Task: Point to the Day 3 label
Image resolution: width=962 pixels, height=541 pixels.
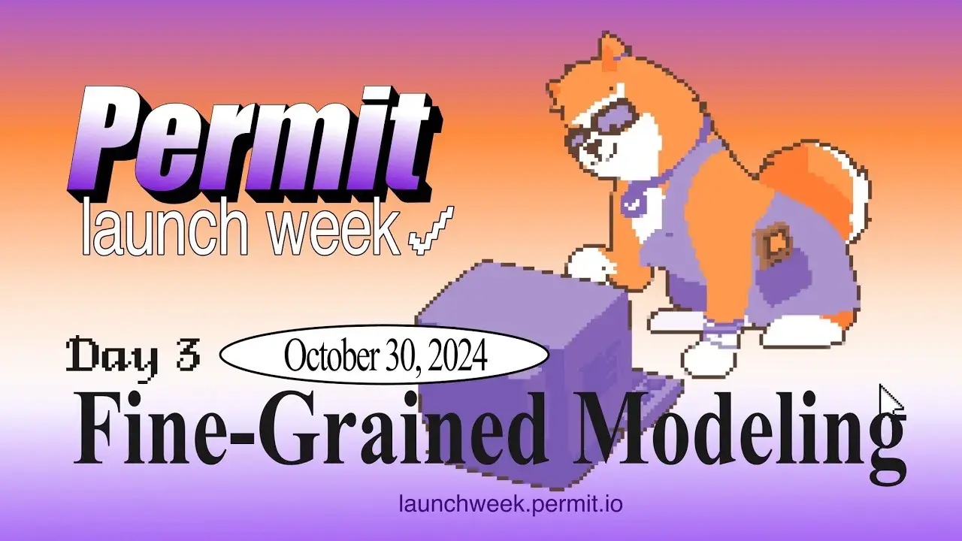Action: (134, 355)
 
